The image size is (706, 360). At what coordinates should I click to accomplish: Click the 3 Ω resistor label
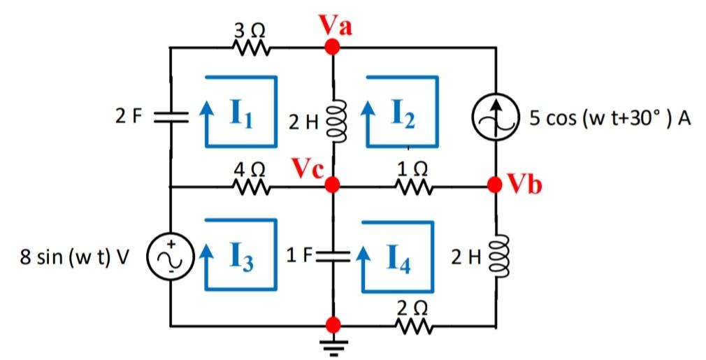tap(249, 30)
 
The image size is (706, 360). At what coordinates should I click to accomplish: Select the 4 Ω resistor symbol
tap(250, 187)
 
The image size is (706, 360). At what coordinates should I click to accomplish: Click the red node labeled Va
tap(333, 47)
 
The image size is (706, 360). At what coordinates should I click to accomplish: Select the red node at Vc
tap(333, 185)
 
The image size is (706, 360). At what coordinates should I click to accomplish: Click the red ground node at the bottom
tap(333, 325)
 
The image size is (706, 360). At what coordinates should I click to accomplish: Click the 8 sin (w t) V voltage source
tap(170, 256)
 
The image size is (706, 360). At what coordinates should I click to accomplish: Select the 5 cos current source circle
tap(496, 116)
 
